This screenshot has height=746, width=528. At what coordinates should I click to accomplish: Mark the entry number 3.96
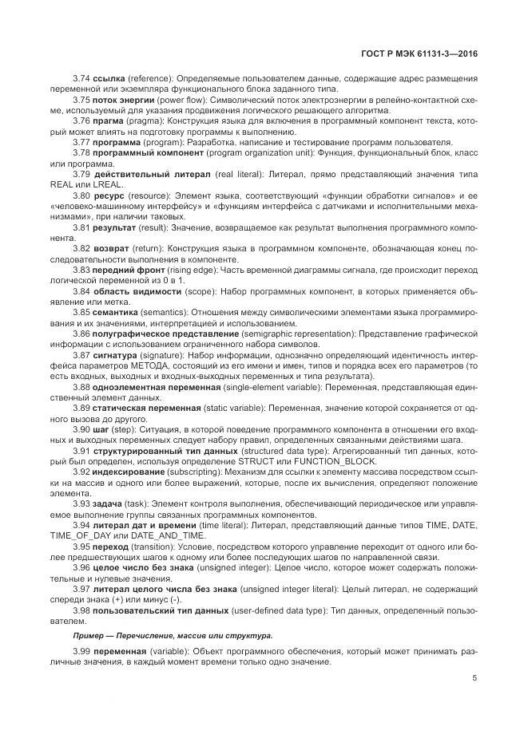(x=81, y=565)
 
